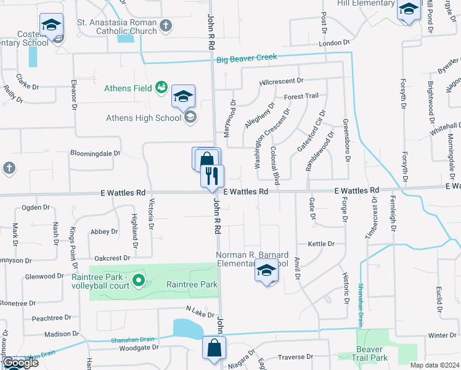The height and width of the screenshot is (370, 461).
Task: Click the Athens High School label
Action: coord(144,118)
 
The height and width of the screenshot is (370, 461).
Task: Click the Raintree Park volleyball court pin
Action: coord(139,281)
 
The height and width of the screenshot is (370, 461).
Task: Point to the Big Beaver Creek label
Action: coord(247,59)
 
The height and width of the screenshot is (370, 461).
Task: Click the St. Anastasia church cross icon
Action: coord(165,26)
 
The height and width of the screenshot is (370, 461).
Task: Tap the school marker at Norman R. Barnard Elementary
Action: coord(266,272)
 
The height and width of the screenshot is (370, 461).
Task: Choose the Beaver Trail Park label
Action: coord(371,353)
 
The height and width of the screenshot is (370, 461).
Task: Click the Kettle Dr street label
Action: coord(321,244)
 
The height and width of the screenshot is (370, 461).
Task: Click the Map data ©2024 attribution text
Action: coord(434,365)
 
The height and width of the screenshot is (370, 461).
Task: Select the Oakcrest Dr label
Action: coord(113,258)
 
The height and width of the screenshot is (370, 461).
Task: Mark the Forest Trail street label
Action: coord(301,96)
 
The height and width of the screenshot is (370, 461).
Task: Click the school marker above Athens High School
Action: coord(183,97)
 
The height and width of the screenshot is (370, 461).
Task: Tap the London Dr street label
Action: coord(334,43)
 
